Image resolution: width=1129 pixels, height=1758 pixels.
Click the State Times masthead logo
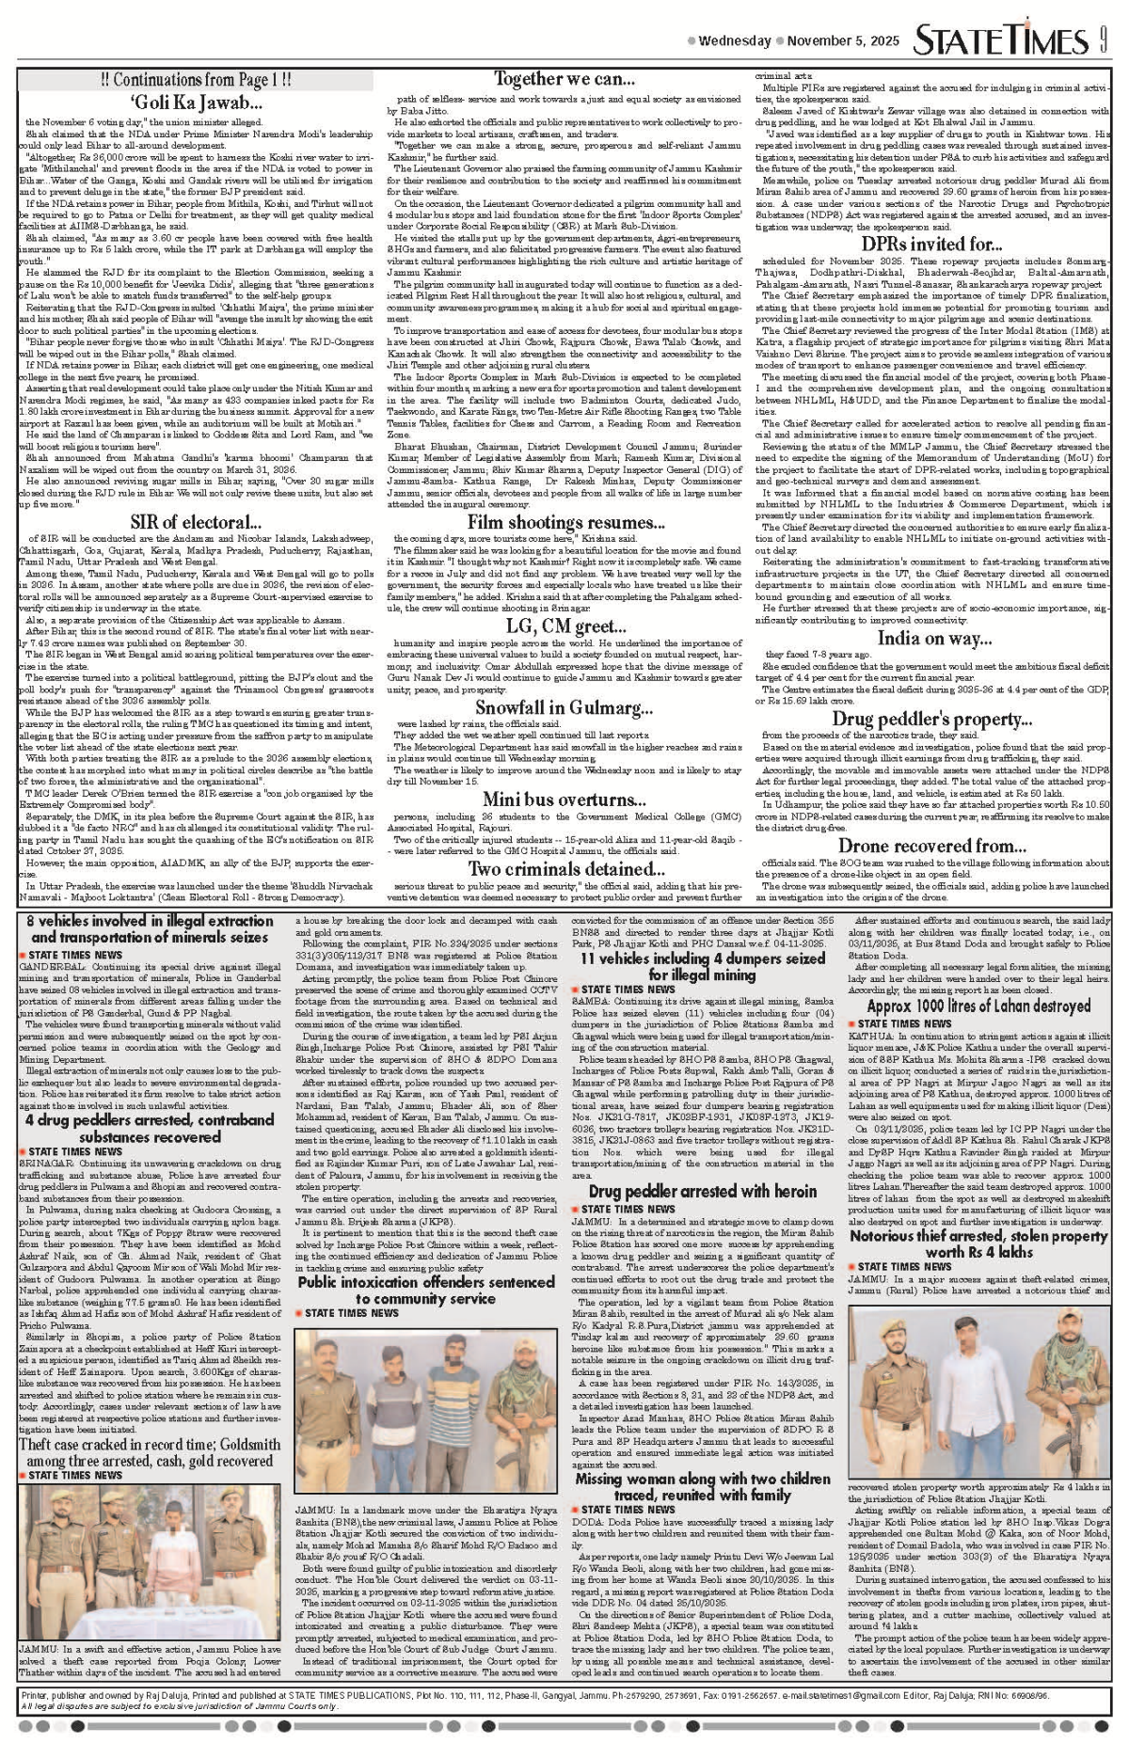pos(1001,41)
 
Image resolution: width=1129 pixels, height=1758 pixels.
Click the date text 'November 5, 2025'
pos(843,41)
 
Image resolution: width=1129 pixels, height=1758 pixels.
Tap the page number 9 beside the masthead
pos(1102,41)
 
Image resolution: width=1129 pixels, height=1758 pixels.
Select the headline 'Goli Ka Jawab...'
pos(196,103)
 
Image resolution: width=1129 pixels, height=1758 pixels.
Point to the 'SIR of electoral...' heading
pos(196,522)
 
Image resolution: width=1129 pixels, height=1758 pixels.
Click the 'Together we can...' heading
pos(564,79)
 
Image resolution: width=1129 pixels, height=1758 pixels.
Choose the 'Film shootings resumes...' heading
pos(566,522)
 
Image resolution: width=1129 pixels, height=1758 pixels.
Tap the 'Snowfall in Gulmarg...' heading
pos(564,707)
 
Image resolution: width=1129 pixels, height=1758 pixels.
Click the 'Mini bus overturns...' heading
pos(564,800)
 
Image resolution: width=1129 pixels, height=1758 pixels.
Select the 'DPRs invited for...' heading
pos(932,245)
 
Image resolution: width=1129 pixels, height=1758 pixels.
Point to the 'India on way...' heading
pos(934,638)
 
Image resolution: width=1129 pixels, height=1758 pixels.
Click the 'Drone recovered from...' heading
pos(932,846)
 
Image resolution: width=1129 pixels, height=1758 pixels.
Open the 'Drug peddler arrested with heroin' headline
pos(703,1192)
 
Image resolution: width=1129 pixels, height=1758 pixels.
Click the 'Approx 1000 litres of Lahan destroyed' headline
pos(978,1006)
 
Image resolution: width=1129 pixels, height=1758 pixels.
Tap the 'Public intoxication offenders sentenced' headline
pos(426,1290)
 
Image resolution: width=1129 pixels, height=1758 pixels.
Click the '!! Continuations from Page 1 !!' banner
pos(196,80)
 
